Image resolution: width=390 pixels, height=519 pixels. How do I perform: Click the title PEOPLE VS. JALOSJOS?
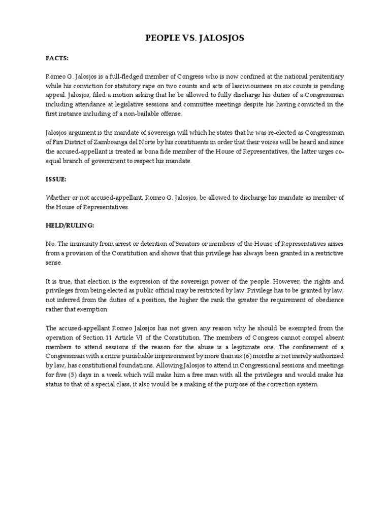(194, 38)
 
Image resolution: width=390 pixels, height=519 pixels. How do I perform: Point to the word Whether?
(58, 198)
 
